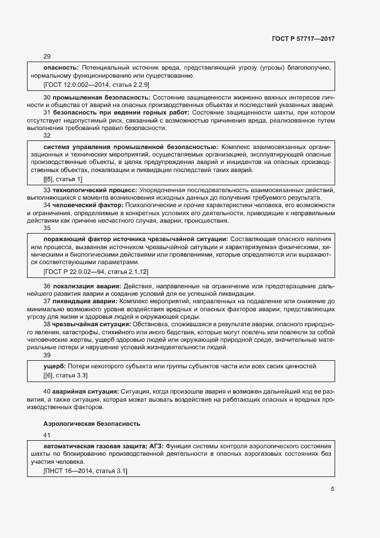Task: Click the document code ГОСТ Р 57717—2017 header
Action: pyautogui.click(x=303, y=39)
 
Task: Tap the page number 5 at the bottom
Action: pyautogui.click(x=333, y=489)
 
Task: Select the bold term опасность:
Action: pyautogui.click(x=61, y=67)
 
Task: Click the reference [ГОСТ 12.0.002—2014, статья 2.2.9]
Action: pyautogui.click(x=97, y=85)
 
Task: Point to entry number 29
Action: pyautogui.click(x=47, y=56)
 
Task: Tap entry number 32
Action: pyautogui.click(x=47, y=136)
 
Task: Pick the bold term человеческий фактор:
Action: pyautogui.click(x=87, y=205)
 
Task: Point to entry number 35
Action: pyautogui.click(x=47, y=228)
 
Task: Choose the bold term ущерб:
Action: pyautogui.click(x=55, y=367)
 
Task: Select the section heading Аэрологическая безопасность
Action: pyautogui.click(x=88, y=423)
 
